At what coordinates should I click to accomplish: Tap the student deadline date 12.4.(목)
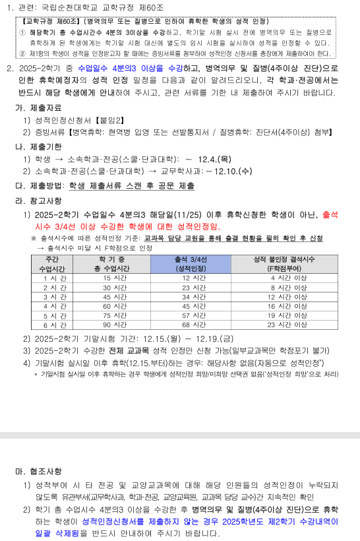click(215, 159)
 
